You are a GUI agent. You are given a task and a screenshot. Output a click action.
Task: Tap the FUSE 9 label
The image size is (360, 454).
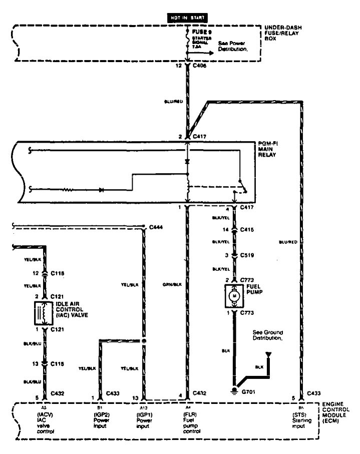(201, 32)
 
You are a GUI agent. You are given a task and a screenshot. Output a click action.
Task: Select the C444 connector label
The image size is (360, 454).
(157, 227)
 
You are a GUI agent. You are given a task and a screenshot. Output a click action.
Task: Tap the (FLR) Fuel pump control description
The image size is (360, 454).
(191, 420)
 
